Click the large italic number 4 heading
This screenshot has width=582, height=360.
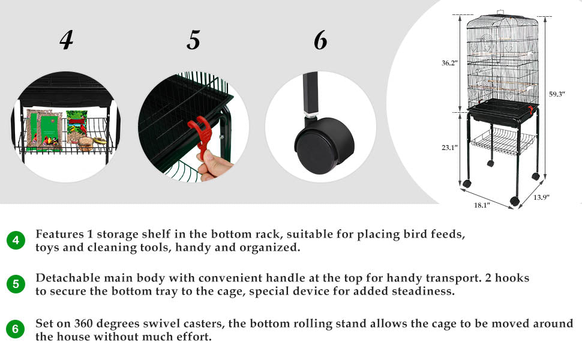67,40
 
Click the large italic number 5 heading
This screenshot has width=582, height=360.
193,40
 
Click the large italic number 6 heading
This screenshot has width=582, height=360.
320,40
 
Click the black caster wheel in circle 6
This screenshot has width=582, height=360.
324,145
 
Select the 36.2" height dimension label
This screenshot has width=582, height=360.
449,63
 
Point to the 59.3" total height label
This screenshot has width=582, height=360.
557,94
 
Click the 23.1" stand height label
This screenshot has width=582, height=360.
449,148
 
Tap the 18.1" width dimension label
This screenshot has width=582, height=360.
482,205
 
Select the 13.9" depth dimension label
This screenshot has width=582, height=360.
541,197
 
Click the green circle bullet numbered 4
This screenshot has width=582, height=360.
16,240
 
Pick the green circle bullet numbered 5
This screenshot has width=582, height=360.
16,284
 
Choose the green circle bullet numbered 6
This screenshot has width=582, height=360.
15,329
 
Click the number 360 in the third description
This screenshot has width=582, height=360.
84,323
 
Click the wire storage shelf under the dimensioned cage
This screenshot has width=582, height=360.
503,142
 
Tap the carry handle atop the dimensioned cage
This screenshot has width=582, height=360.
502,13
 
